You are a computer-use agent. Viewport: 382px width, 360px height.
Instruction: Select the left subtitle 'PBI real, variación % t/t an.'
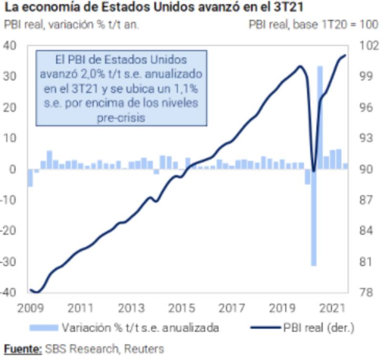pos(72,24)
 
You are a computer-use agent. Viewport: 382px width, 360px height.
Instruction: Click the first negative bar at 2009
pos(30,178)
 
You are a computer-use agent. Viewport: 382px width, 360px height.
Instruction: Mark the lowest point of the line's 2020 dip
pos(314,171)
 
